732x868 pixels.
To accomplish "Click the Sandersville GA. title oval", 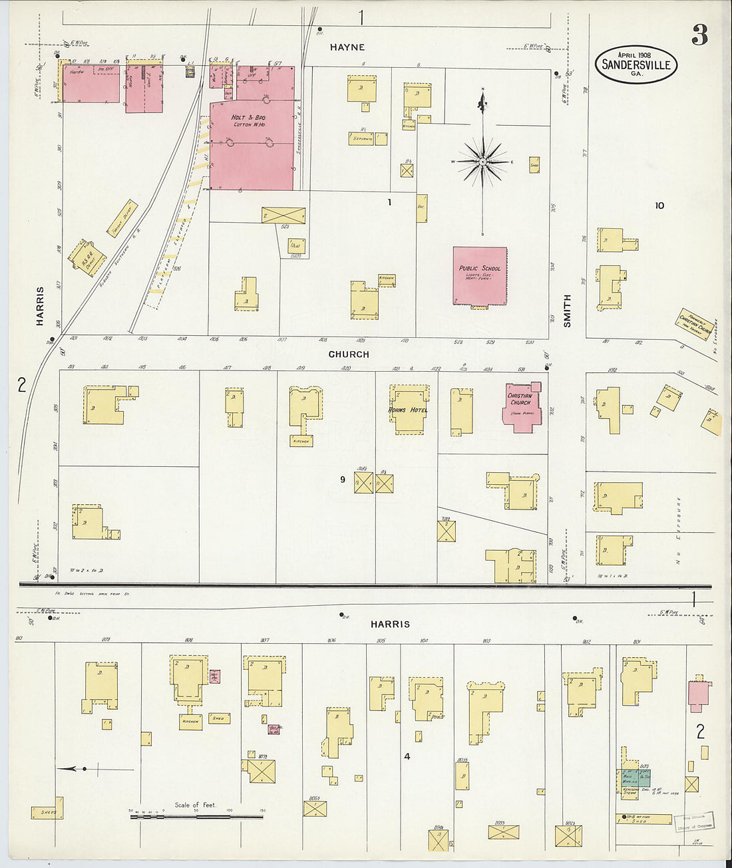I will (636, 65).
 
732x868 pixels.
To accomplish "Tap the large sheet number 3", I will (699, 35).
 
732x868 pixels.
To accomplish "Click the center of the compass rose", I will (482, 162).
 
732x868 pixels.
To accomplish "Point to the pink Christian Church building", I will (520, 406).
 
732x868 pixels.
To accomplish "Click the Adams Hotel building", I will (408, 409).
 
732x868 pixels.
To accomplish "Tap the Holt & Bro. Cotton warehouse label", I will (248, 120).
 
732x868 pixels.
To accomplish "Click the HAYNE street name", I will (347, 47).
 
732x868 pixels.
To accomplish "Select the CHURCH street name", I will (348, 355).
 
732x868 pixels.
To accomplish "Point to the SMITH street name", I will (567, 311).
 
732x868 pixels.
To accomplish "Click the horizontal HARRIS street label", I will (390, 624).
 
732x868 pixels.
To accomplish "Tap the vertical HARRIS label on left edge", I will (40, 306).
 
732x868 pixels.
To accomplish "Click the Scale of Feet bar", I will (196, 815).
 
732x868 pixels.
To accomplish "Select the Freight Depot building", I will (122, 219).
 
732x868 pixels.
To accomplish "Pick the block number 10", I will (659, 206).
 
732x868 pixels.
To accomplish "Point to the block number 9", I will (343, 479).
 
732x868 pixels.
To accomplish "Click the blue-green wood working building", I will (636, 778).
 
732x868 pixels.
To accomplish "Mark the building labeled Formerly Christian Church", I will (694, 324).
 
